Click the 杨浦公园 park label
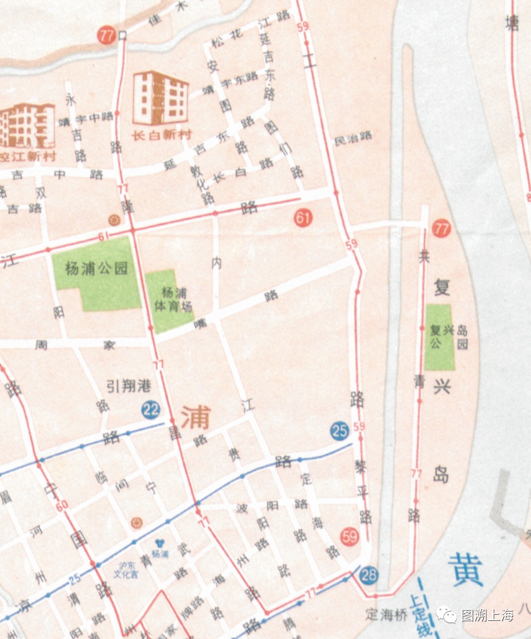pyautogui.click(x=96, y=269)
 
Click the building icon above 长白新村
pyautogui.click(x=161, y=97)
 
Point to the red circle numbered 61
pyautogui.click(x=303, y=218)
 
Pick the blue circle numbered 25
pyautogui.click(x=340, y=430)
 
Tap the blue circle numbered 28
pyautogui.click(x=369, y=576)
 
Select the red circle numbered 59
pyautogui.click(x=350, y=536)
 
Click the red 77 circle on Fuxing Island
pyautogui.click(x=441, y=228)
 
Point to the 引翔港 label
pyautogui.click(x=129, y=387)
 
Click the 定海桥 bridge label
pyautogui.click(x=387, y=615)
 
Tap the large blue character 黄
pyautogui.click(x=465, y=570)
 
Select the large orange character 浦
pyautogui.click(x=196, y=417)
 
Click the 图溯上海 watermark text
pyautogui.click(x=487, y=615)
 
